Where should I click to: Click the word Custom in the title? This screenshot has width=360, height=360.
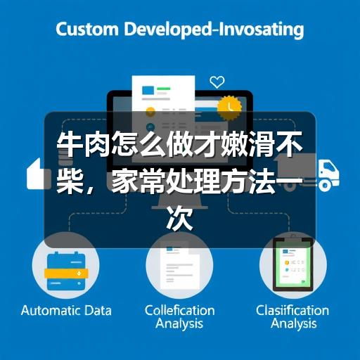(x=87, y=30)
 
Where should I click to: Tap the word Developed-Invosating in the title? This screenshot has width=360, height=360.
(x=214, y=30)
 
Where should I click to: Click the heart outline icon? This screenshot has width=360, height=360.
(x=217, y=82)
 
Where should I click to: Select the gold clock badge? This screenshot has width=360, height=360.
(x=229, y=107)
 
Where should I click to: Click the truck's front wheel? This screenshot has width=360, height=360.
(x=326, y=185)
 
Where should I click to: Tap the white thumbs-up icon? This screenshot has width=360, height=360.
(x=36, y=174)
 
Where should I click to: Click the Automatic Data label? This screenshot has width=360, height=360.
(x=66, y=311)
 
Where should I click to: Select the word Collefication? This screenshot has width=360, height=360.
(x=180, y=311)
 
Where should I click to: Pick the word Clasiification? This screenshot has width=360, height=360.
(x=292, y=311)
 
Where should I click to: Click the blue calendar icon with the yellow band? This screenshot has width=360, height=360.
(x=66, y=271)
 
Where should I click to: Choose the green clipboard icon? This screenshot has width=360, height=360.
(x=293, y=264)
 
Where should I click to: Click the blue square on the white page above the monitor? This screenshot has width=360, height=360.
(x=148, y=90)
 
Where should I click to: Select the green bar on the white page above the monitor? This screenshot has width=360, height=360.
(x=164, y=89)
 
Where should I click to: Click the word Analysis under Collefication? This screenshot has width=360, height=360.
(x=179, y=324)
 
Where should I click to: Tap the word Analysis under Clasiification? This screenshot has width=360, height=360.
(x=294, y=324)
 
